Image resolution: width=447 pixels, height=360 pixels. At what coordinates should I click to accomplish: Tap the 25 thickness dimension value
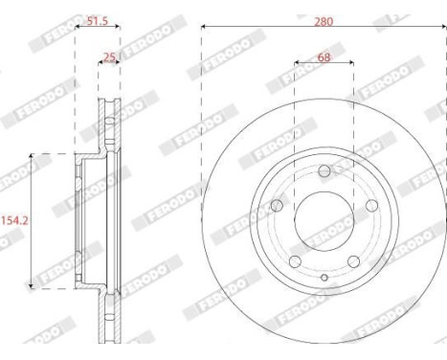pos(109,57)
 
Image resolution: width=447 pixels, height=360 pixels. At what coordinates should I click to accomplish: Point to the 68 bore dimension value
pos(324,57)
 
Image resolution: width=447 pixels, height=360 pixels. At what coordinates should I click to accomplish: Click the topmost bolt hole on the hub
pos(324,170)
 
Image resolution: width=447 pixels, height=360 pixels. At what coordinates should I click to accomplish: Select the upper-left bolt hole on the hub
pos(278,205)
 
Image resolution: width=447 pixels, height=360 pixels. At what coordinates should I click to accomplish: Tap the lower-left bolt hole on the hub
pos(296,259)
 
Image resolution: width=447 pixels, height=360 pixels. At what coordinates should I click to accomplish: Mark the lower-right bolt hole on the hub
pos(353,259)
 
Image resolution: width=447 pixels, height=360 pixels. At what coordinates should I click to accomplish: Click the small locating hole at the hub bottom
pos(324,279)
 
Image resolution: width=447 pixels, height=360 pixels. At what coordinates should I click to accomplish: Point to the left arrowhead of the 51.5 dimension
pos(77,27)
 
